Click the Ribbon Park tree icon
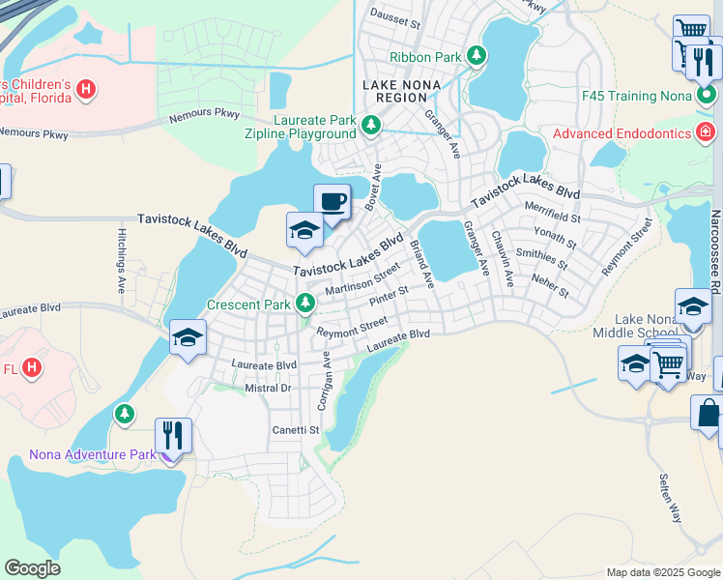476,57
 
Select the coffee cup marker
333,202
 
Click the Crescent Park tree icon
305,304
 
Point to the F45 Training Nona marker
707,97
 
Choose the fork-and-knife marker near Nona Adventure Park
174,435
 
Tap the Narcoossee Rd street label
715,251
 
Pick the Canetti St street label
295,429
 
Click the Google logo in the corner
32,568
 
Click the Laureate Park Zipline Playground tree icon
370,127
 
